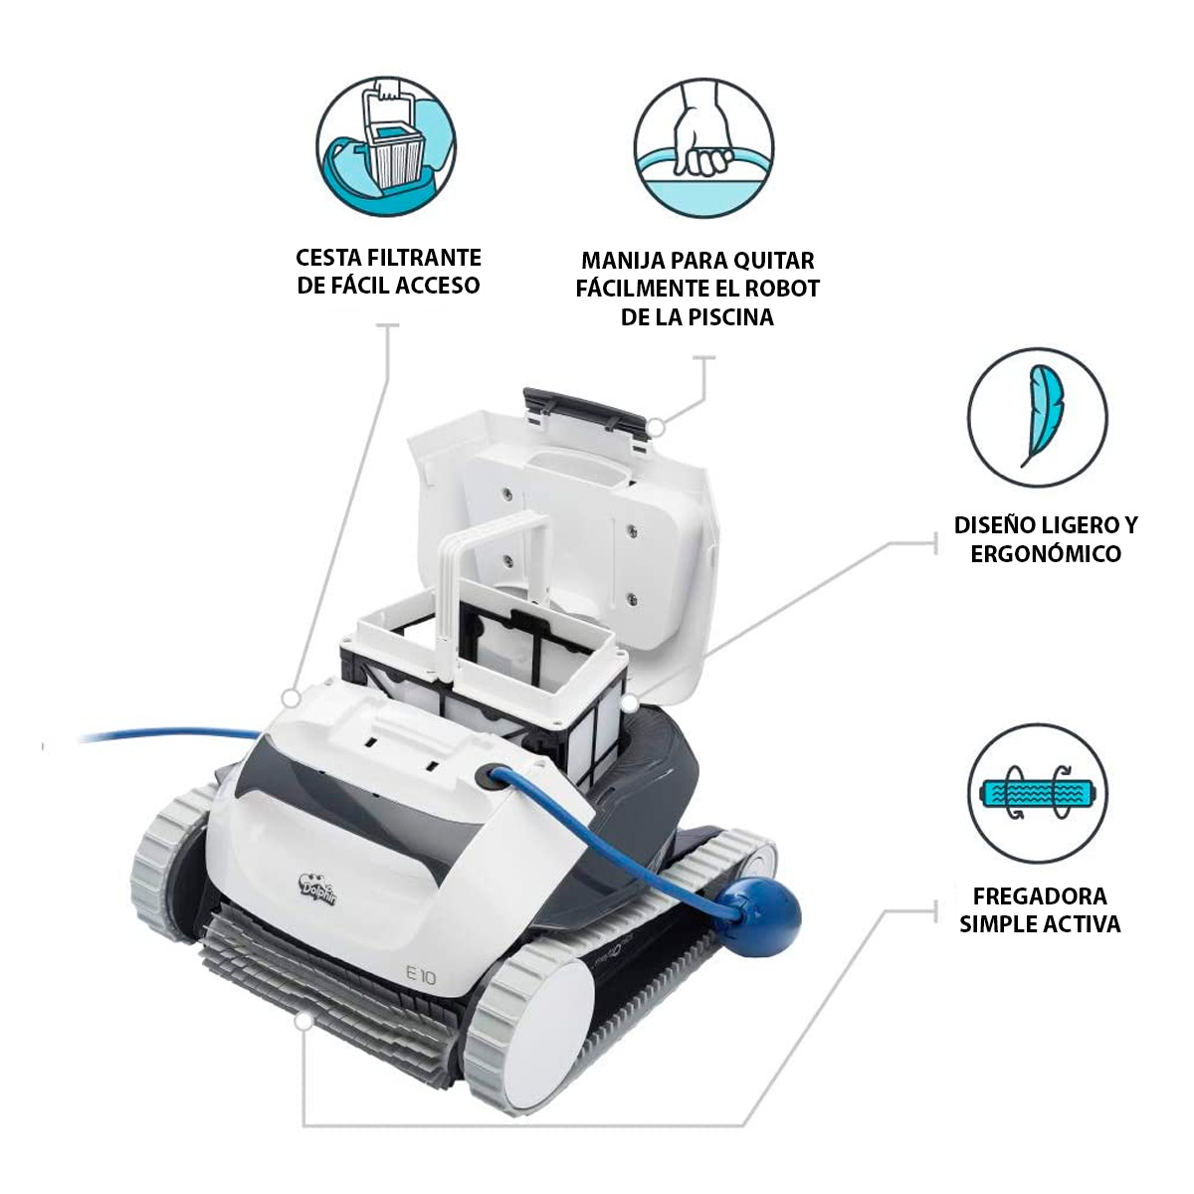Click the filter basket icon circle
tap(386, 146)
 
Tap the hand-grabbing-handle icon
tap(703, 146)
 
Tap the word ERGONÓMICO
tap(1046, 553)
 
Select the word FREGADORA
tap(1040, 895)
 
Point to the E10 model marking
tap(421, 977)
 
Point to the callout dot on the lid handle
tap(657, 428)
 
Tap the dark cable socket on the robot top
tap(487, 778)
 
